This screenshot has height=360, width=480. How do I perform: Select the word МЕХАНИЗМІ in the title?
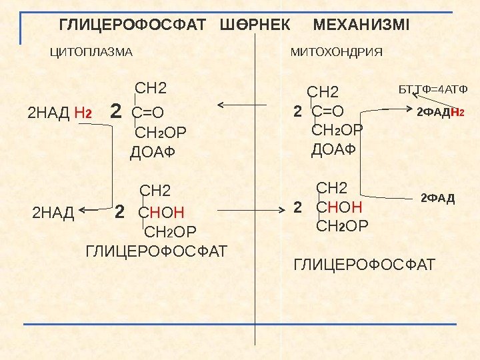coord(361,26)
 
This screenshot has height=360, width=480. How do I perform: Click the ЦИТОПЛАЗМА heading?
coord(93,51)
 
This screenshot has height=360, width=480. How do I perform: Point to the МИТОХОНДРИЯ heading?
coord(337,51)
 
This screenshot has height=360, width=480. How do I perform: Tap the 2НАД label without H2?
coord(53,214)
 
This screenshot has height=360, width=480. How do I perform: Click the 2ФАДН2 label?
coord(439,113)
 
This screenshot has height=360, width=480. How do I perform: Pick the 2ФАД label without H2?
coord(437,198)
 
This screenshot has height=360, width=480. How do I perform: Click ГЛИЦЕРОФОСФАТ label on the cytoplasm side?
coord(157,251)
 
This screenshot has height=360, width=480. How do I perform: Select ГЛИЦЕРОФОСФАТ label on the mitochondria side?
coord(363,265)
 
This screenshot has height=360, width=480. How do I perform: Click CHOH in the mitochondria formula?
coord(339,207)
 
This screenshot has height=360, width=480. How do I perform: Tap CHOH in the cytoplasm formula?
coord(160,213)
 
